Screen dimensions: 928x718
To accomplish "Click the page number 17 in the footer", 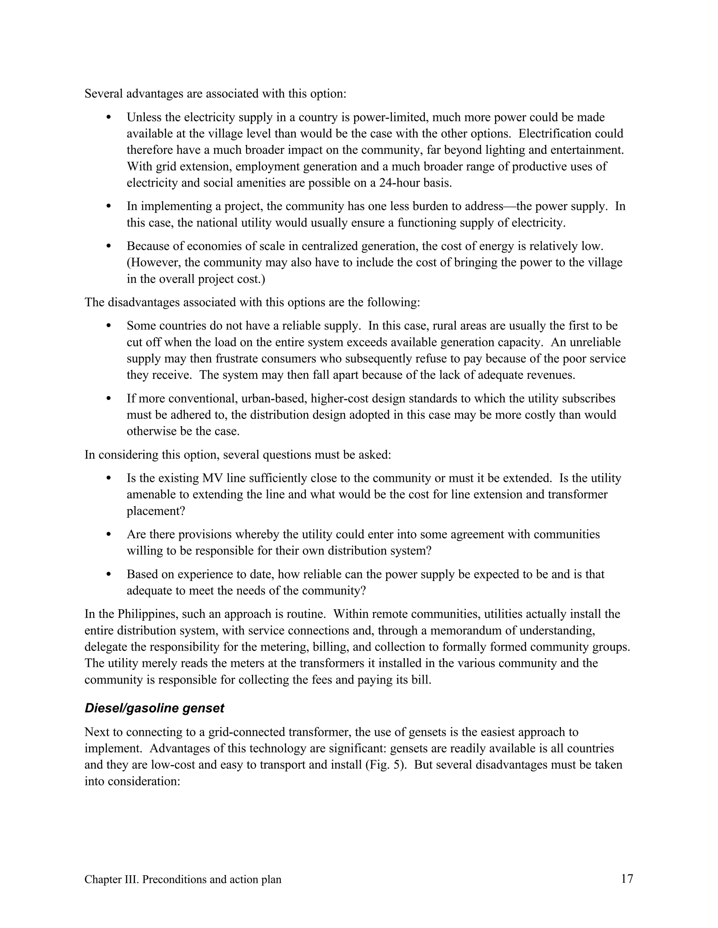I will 627,879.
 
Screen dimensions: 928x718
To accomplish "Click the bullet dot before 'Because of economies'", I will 108,246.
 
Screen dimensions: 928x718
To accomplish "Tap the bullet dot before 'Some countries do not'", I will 108,326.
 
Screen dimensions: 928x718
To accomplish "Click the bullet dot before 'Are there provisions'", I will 108,534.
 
